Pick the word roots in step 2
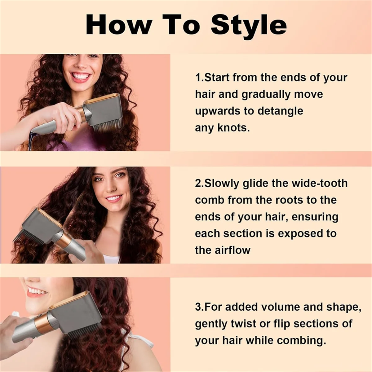285,200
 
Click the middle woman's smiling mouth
114,198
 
